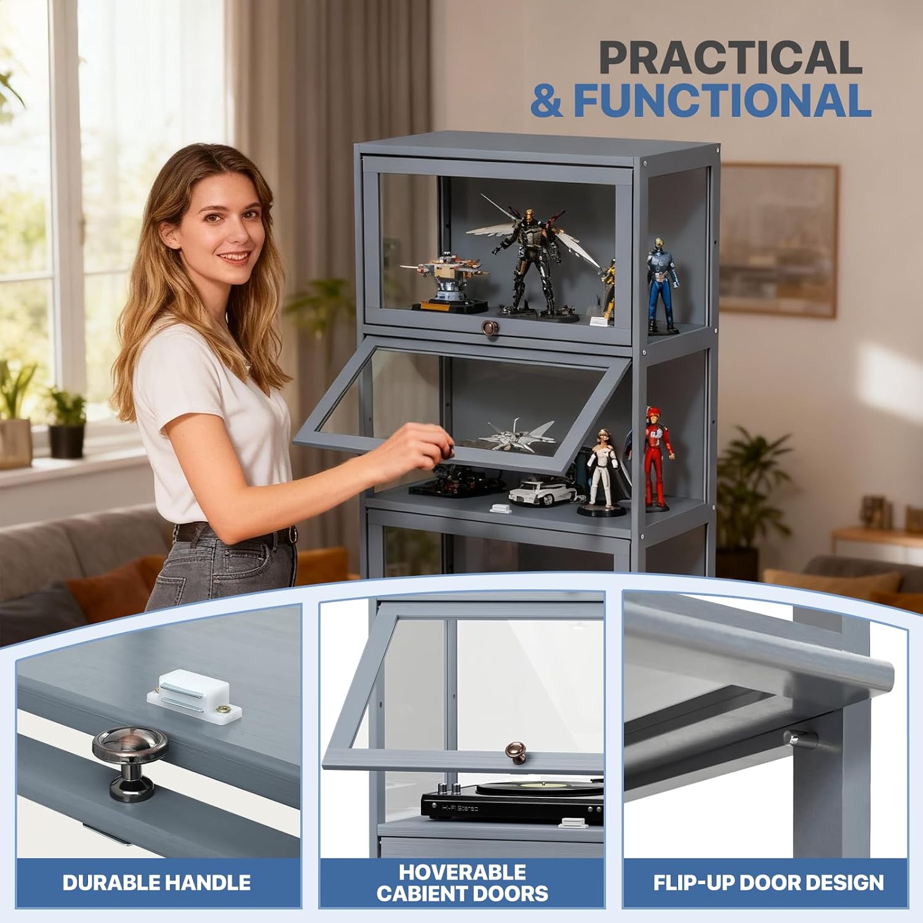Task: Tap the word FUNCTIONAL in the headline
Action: [722, 100]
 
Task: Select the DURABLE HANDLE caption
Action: [156, 882]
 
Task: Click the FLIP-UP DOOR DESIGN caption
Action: [769, 882]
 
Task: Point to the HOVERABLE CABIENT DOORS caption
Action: [462, 882]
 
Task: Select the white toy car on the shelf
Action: [541, 492]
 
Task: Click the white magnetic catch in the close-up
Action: [194, 696]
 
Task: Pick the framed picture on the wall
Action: [778, 240]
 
